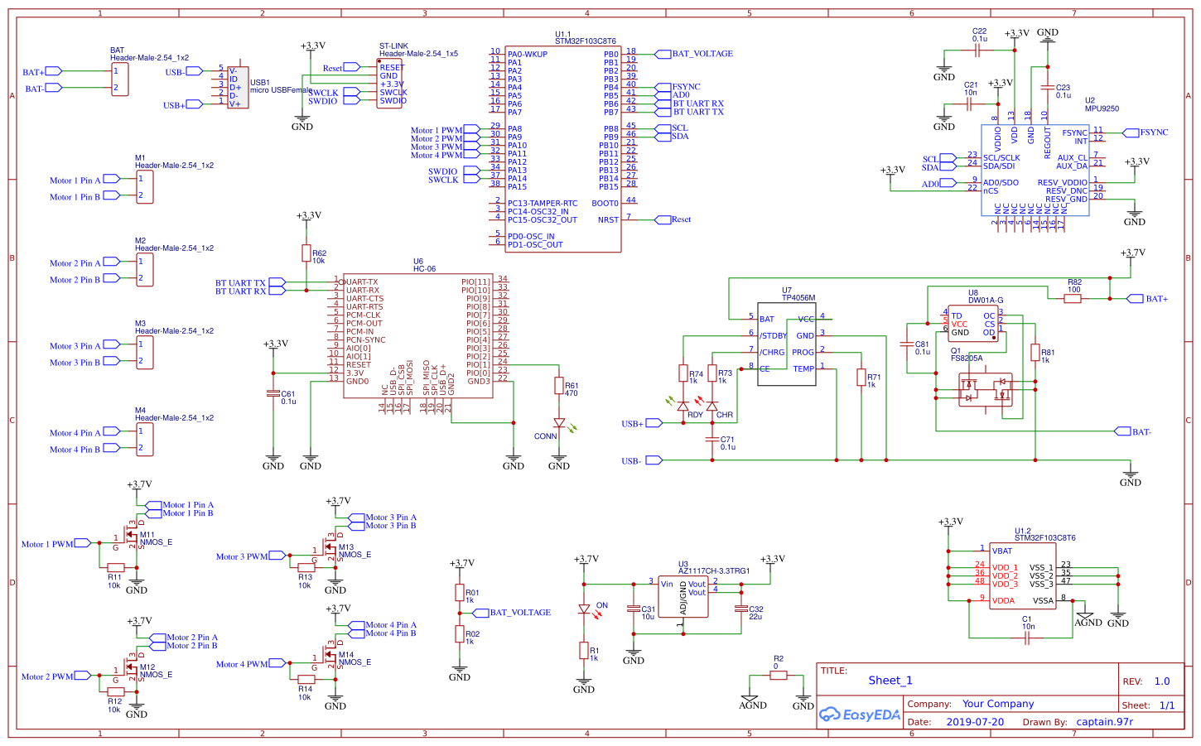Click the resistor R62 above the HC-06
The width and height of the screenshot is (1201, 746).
[306, 253]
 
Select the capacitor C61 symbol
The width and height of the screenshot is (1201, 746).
[273, 393]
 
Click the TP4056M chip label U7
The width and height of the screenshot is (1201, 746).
[786, 291]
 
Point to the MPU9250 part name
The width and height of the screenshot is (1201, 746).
[1102, 108]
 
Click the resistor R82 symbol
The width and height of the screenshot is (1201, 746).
[1073, 298]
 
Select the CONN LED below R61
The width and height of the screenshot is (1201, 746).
[559, 423]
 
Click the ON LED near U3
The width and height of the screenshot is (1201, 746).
[584, 609]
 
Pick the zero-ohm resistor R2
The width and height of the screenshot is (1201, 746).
[778, 676]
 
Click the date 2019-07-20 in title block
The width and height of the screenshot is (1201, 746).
[974, 722]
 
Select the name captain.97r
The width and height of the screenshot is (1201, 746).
[1104, 722]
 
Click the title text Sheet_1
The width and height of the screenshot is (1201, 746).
[890, 681]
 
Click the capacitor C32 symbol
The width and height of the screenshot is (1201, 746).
[741, 609]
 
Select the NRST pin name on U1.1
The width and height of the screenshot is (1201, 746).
[608, 220]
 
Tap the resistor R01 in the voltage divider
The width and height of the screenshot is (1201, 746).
[460, 593]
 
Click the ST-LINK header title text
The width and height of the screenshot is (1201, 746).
[393, 46]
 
